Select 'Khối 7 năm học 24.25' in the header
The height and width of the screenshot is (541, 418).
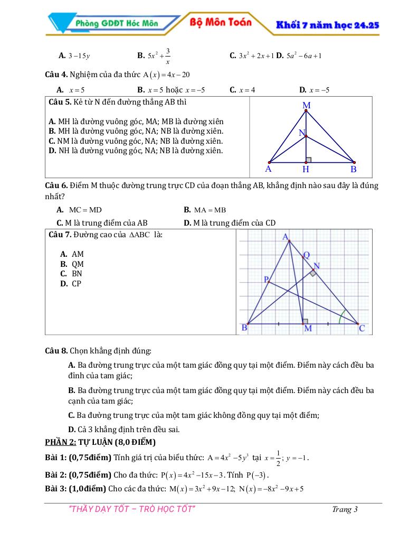coord(328,25)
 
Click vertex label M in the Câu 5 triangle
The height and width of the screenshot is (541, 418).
coord(307,106)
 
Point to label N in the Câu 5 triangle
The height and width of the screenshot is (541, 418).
coord(302,133)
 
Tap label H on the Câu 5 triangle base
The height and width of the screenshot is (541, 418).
coord(306,170)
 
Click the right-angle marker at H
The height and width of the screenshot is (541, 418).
coord(309,159)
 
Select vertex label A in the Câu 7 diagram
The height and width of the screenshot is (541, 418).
coord(286,237)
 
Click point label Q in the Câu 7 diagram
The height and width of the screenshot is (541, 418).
coord(307,255)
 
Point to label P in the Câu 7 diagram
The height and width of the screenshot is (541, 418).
coord(267,279)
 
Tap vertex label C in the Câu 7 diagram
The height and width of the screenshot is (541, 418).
coord(362,329)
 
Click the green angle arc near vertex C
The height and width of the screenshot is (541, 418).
coord(343,316)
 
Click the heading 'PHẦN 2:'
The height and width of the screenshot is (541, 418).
coord(61,442)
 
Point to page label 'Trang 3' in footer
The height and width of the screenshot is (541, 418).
coord(345,509)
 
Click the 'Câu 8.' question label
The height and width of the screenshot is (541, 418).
coord(56,350)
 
